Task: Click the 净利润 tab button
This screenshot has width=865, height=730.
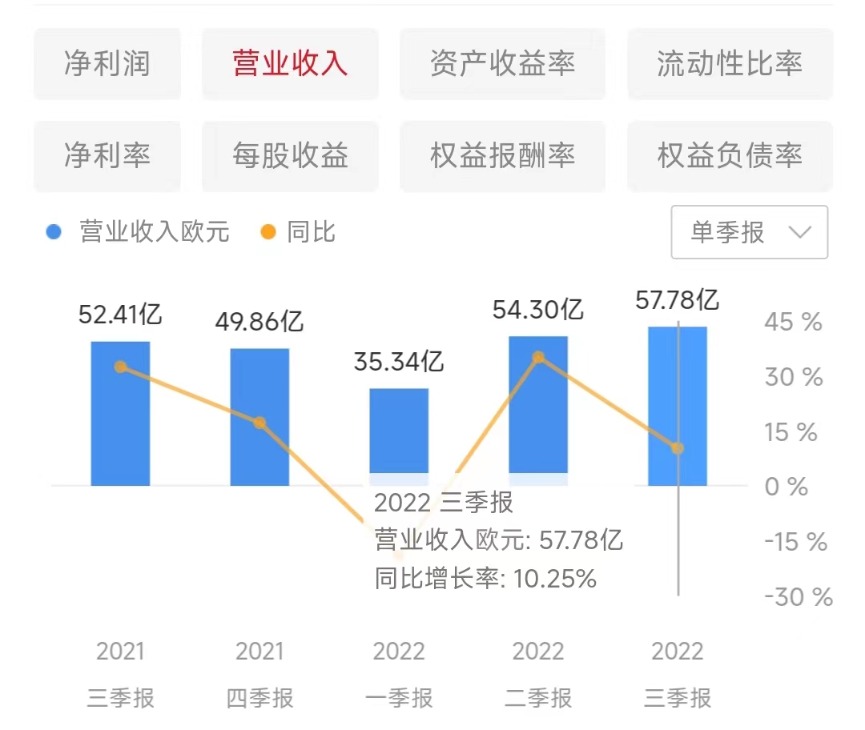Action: [107, 64]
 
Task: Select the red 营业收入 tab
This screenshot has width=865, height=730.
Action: [290, 64]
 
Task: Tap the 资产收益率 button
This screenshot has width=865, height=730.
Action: [502, 64]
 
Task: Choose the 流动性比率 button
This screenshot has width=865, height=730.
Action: [730, 64]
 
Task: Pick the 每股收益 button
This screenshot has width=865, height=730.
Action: [290, 156]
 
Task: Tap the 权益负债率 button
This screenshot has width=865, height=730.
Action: [730, 156]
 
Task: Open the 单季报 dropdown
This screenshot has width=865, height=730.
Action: [749, 233]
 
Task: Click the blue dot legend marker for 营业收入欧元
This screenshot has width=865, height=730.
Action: [54, 233]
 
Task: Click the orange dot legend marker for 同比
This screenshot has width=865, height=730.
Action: [268, 233]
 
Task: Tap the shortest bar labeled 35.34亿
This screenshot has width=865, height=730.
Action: [399, 432]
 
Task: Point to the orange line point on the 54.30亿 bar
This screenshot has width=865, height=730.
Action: [538, 357]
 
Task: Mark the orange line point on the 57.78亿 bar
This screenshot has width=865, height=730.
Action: [678, 448]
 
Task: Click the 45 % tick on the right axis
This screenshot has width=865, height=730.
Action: [793, 323]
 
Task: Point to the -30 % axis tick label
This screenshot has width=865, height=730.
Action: [798, 597]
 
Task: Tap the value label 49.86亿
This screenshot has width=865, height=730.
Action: [259, 322]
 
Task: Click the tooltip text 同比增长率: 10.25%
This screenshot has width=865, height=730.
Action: [485, 579]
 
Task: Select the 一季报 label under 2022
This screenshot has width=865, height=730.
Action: [399, 698]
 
